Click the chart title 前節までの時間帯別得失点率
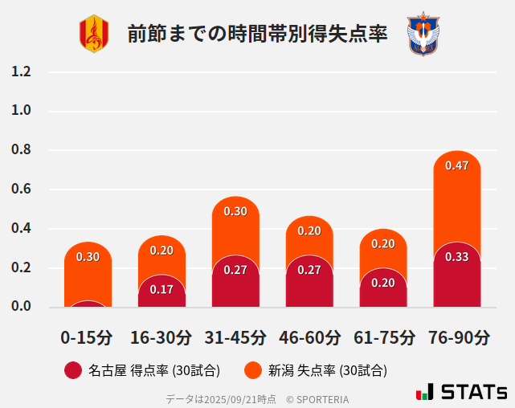(x=257, y=35)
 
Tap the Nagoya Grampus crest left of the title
(x=93, y=35)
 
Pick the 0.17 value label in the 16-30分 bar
(x=161, y=289)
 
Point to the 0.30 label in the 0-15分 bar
(x=88, y=257)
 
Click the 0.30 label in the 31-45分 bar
(x=235, y=211)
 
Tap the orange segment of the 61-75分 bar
(x=383, y=249)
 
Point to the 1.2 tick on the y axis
(x=21, y=71)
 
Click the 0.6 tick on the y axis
(x=21, y=190)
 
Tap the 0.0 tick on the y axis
(x=21, y=307)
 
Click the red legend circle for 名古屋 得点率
(x=73, y=370)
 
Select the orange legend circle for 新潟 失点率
(x=253, y=370)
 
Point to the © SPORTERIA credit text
(x=317, y=399)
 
